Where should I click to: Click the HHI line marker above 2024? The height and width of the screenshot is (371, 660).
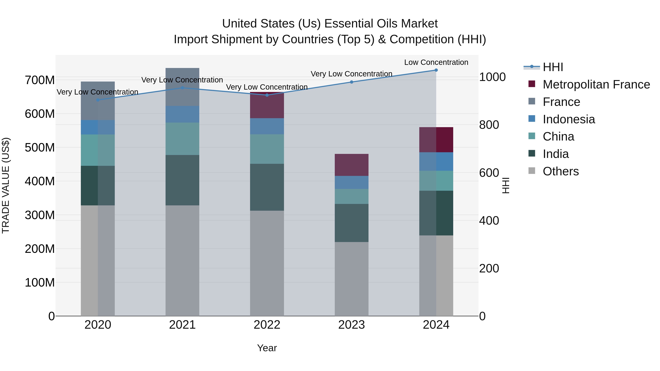(436, 70)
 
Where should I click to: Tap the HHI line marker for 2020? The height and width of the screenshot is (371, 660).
(98, 100)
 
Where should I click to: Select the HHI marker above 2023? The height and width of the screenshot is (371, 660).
(351, 82)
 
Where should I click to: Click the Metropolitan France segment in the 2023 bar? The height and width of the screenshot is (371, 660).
(351, 165)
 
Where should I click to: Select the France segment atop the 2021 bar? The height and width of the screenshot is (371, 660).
(182, 87)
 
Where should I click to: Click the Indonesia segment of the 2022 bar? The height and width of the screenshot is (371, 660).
(267, 126)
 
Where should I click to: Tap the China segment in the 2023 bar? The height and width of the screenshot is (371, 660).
(351, 196)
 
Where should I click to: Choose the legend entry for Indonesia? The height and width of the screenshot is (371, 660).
(569, 119)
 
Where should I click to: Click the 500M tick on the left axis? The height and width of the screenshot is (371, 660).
(40, 147)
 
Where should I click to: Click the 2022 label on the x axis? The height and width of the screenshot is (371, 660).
(267, 325)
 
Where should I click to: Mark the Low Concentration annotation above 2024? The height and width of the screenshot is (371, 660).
(436, 62)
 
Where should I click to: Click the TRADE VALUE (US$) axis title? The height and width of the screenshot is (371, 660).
(6, 185)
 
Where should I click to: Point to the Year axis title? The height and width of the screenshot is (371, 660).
(267, 348)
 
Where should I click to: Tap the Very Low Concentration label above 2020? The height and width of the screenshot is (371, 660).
(97, 92)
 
